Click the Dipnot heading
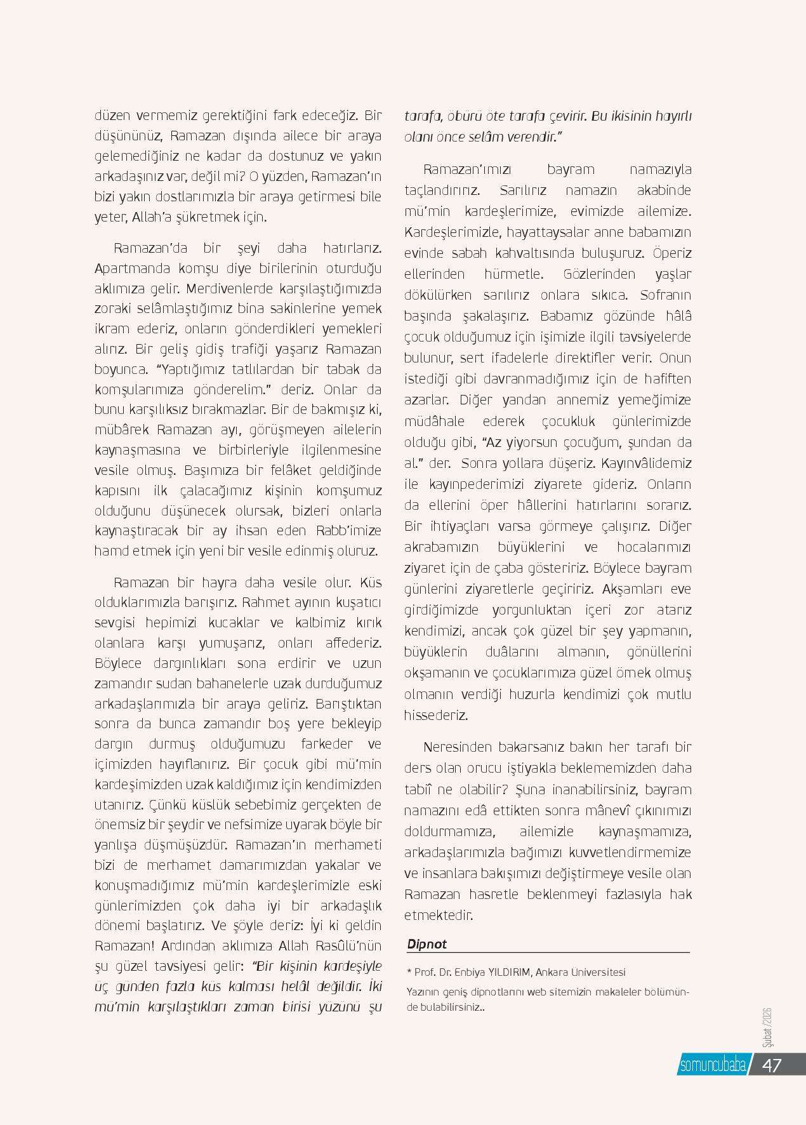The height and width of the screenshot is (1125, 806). click(426, 944)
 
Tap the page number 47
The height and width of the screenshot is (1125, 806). click(771, 1065)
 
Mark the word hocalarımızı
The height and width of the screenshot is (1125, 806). click(654, 547)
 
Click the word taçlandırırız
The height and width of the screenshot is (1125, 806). click(442, 190)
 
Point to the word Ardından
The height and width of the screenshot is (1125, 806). click(188, 945)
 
